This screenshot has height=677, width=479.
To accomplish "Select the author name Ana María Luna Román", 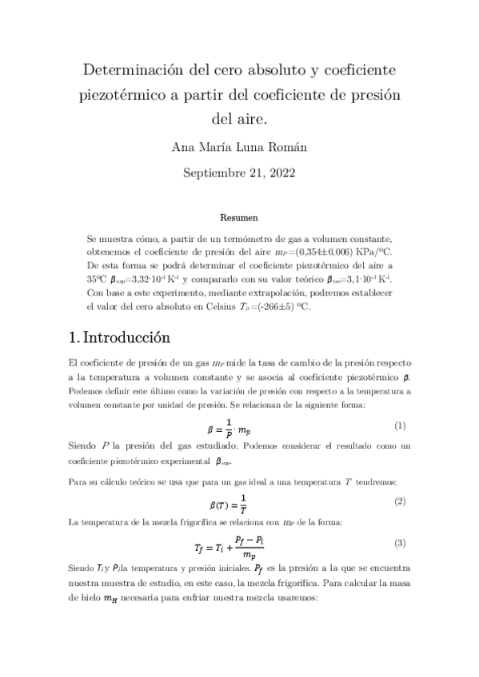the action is tap(239, 147).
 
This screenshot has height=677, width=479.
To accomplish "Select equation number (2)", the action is tap(400, 501).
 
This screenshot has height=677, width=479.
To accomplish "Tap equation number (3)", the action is tap(400, 543).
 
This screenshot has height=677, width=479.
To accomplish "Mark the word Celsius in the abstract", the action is tap(222, 306).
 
